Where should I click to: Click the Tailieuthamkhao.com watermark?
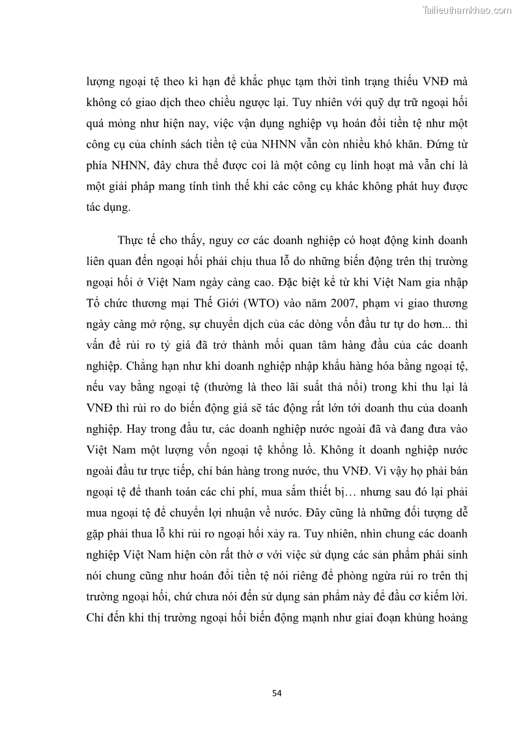click(x=467, y=9)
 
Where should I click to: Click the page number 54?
click(x=277, y=693)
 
